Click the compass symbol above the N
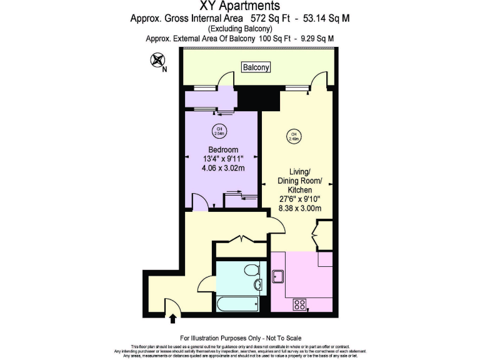pos(157,61)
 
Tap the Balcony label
pos(257,67)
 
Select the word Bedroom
pos(223,150)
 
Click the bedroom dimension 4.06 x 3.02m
pos(223,168)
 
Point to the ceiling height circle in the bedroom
pos(219,131)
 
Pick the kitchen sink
pos(279,275)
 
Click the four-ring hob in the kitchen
pos(299,304)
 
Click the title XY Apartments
pos(239,7)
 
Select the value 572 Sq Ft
pos(282,19)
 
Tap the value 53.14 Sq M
pos(326,19)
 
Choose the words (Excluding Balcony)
pos(239,29)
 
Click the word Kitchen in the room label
pos(299,190)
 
